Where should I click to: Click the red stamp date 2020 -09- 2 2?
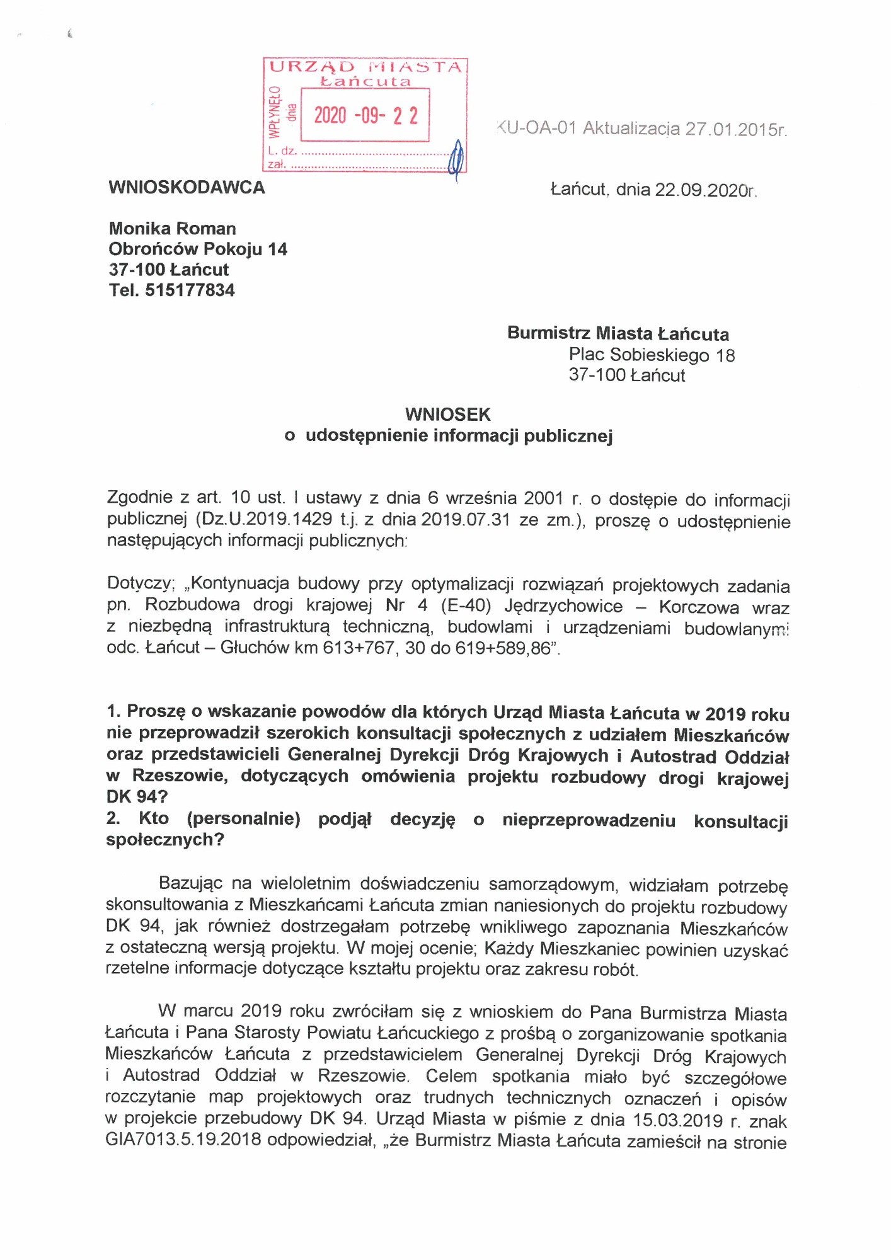[x=365, y=115]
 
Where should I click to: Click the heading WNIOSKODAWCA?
[x=187, y=187]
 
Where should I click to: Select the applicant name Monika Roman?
[x=172, y=228]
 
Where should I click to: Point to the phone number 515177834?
[x=190, y=290]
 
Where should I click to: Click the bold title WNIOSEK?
[x=447, y=414]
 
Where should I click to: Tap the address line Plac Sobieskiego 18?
[x=652, y=355]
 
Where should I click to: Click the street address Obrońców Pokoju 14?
[x=198, y=249]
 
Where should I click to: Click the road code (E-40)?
[x=466, y=605]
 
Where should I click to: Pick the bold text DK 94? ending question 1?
[x=137, y=796]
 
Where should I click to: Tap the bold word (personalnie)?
[x=243, y=818]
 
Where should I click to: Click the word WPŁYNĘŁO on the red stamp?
[x=273, y=112]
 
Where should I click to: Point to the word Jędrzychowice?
[x=563, y=605]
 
